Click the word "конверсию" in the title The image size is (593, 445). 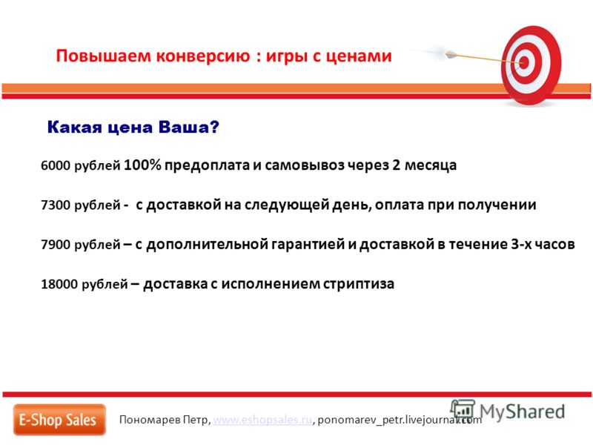[203, 56]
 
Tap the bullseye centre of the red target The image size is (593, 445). [524, 62]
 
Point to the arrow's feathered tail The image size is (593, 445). [435, 52]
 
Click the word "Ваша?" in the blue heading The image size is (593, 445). [189, 127]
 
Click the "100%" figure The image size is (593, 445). [142, 165]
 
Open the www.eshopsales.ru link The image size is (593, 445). [262, 420]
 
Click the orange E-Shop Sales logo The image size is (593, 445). [59, 420]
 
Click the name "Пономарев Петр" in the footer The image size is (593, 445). [164, 420]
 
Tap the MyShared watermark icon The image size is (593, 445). [463, 410]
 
